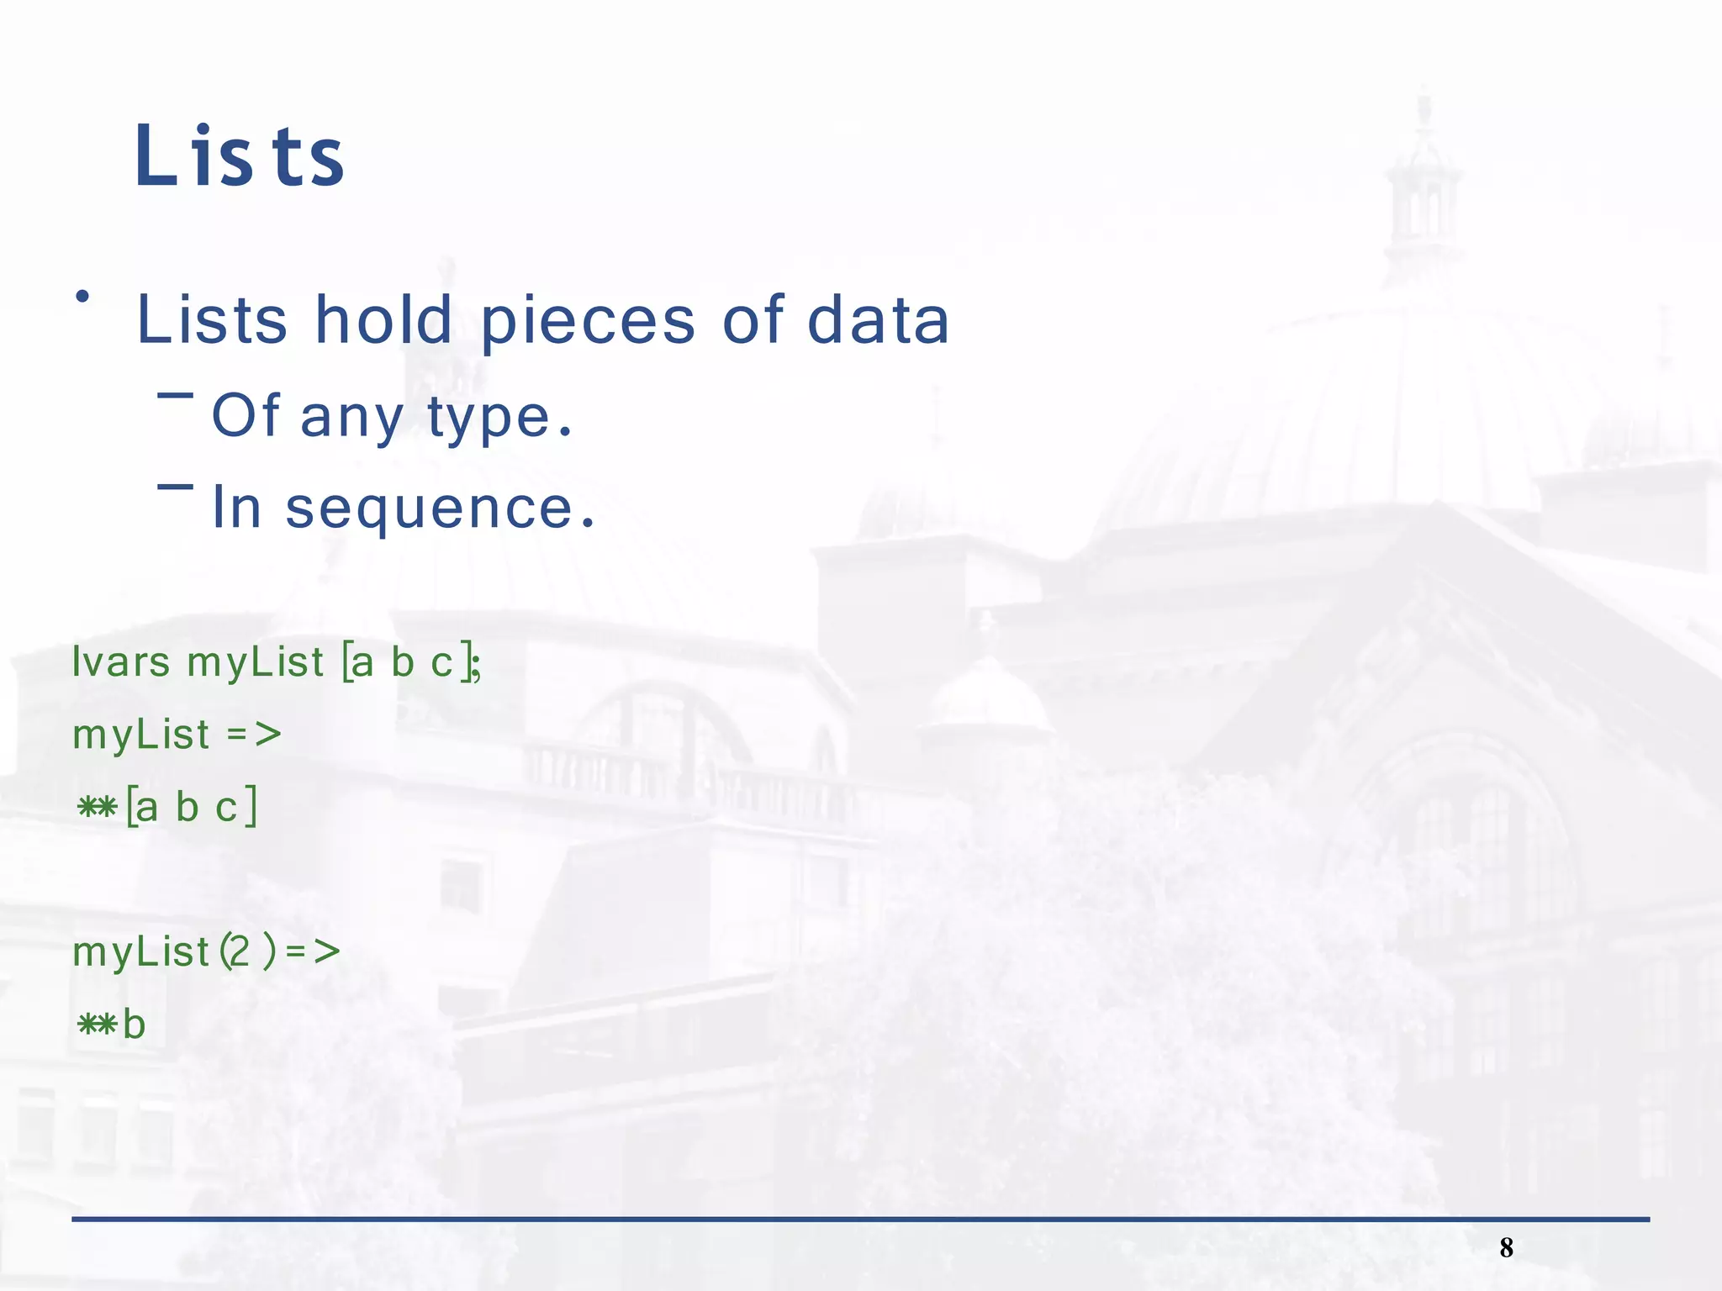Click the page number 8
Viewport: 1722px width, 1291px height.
pos(1506,1247)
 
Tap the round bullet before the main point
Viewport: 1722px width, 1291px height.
pos(82,296)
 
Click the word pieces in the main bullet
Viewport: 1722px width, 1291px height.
pos(588,321)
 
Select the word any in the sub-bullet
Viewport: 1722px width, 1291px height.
pos(351,419)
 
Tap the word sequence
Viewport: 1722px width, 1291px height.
pos(430,508)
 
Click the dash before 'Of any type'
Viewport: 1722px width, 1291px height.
pos(175,394)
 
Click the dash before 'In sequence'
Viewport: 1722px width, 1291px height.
pos(175,486)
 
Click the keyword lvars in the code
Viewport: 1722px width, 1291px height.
pos(121,662)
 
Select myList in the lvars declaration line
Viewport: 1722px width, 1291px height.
pos(255,662)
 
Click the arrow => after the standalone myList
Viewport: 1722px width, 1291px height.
pos(254,735)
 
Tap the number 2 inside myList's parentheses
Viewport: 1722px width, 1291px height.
pos(240,952)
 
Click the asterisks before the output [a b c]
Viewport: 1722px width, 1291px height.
pos(97,808)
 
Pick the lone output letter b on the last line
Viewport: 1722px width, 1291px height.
pos(134,1025)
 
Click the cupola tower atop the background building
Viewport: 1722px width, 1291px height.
pos(1423,193)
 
